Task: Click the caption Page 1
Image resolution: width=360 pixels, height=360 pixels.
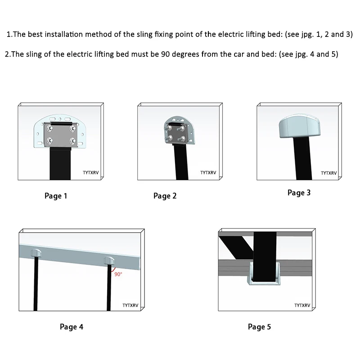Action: point(56,196)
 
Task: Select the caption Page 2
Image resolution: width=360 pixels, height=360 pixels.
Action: point(165,196)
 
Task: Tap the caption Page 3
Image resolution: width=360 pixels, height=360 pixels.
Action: point(299,193)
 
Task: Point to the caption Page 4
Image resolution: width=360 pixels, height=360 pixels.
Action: point(71,327)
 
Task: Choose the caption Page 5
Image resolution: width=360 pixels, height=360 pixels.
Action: point(259,327)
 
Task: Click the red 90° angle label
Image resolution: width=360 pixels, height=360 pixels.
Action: point(118,274)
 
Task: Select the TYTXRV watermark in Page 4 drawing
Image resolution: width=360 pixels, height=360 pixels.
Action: point(130,305)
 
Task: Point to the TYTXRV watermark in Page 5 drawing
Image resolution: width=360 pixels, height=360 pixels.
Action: point(302,305)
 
